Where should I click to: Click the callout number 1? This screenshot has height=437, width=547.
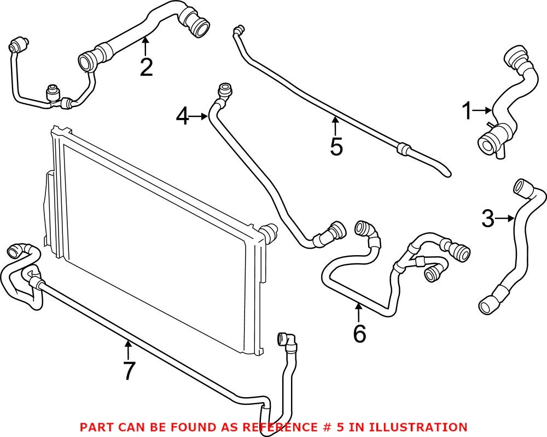467,112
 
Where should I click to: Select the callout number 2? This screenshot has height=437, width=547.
146,67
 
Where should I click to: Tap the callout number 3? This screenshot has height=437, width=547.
488,219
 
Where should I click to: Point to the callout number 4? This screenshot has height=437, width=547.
183,116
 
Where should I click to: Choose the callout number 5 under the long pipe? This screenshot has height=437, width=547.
336,146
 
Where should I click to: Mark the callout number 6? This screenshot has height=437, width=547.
359,334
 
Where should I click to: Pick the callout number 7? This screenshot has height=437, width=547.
129,370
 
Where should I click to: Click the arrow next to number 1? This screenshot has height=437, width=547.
482,111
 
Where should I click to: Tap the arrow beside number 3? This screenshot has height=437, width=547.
505,219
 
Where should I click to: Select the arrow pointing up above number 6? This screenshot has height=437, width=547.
359,312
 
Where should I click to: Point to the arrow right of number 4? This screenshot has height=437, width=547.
199,115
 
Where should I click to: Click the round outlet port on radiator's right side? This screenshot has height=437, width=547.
269,232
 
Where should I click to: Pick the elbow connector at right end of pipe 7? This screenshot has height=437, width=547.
287,341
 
